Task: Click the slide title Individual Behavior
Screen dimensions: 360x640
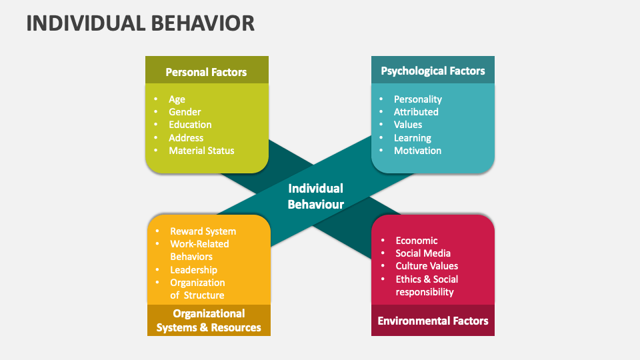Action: pos(141,23)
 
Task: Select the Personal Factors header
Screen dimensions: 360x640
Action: pos(206,72)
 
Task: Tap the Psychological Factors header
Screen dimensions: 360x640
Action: pos(433,71)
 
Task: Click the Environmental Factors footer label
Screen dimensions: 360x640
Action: pos(433,321)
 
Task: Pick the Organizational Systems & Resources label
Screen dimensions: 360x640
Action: pos(209,320)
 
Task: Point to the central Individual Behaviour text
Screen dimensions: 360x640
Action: pos(315,196)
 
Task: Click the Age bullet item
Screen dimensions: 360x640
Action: pos(177,99)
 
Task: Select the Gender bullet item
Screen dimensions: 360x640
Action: pos(185,112)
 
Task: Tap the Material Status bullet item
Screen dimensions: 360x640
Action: pos(201,151)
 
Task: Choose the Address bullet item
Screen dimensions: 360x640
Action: pos(186,138)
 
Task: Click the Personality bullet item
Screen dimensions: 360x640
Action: pos(417,99)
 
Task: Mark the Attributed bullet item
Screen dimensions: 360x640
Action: pos(416,112)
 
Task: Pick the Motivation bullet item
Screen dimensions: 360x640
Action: pos(417,151)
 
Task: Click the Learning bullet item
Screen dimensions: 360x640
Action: pos(412,138)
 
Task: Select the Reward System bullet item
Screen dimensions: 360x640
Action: pos(203,231)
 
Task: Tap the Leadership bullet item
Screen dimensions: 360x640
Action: pos(193,270)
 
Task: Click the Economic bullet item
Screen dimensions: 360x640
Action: pos(417,241)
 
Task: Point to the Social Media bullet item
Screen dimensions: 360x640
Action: pos(423,253)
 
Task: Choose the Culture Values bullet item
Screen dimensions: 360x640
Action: pos(427,266)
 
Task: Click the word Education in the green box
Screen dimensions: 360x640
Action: pos(190,125)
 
